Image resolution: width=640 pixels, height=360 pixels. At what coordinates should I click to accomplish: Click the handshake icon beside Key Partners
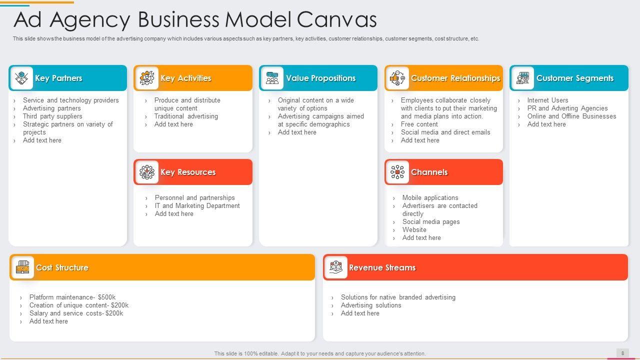tap(21, 78)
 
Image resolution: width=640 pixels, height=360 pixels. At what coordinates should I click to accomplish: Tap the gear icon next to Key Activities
tap(146, 78)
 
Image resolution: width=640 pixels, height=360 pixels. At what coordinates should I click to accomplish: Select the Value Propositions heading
tap(320, 78)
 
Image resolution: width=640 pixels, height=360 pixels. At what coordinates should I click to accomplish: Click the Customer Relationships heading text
tap(455, 78)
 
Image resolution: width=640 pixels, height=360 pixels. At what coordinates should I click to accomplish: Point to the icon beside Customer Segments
tap(522, 78)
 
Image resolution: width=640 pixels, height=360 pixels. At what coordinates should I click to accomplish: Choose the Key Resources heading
tap(188, 172)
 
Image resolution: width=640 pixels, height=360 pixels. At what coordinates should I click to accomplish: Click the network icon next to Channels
tap(397, 172)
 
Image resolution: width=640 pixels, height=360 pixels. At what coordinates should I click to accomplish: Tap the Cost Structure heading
tap(62, 267)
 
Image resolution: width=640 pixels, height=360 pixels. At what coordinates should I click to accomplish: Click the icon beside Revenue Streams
tap(336, 267)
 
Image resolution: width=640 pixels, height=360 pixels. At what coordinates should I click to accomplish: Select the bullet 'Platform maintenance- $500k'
tap(72, 297)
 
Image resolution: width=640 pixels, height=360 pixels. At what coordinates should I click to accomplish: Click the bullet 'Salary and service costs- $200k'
tap(76, 313)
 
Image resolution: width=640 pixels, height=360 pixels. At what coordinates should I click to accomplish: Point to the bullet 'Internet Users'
tap(547, 100)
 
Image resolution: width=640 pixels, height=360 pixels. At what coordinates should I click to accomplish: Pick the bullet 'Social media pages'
tap(431, 221)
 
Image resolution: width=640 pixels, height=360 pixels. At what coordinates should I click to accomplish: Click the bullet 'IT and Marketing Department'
tap(197, 205)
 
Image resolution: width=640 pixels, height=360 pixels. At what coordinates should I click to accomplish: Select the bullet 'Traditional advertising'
tap(186, 116)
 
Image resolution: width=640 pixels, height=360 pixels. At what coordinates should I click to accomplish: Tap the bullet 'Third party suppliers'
tap(52, 116)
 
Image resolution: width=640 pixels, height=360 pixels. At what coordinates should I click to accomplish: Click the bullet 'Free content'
tap(419, 124)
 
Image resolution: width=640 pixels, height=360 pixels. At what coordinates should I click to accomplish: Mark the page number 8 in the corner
tap(622, 353)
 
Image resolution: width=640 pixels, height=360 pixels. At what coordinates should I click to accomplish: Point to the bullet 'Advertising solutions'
tap(371, 305)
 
